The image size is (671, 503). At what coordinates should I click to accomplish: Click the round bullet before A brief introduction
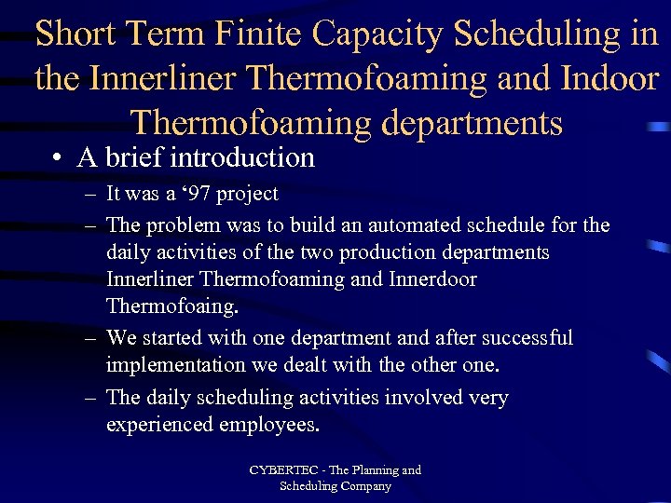click(58, 158)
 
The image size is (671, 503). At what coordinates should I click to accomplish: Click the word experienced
click(160, 425)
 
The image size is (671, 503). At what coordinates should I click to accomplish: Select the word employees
click(269, 425)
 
